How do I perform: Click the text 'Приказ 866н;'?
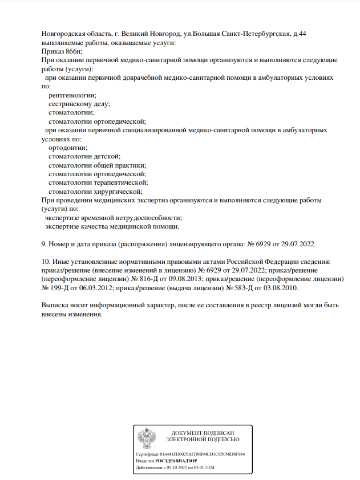click(62, 51)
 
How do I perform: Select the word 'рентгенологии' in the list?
click(71, 95)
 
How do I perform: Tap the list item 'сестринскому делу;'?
click(79, 103)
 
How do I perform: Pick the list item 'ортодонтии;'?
click(68, 147)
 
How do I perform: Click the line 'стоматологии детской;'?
click(84, 156)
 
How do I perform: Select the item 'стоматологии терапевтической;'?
click(98, 182)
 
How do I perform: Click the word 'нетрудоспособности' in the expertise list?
click(147, 217)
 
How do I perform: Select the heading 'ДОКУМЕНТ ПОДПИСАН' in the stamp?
click(203, 433)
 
